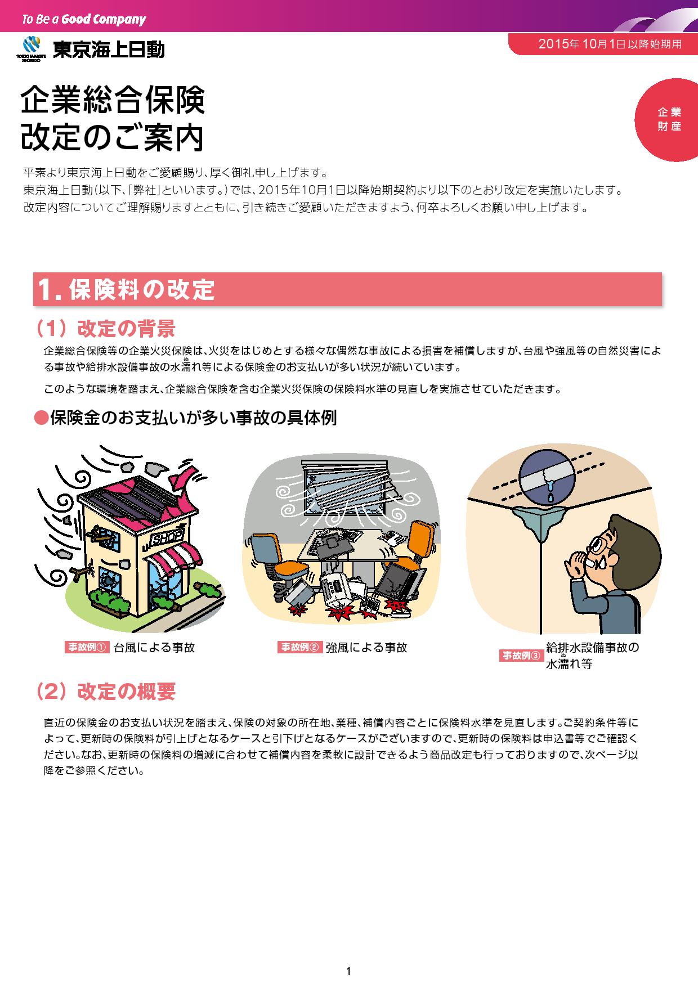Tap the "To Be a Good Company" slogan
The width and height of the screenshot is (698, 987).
[83, 20]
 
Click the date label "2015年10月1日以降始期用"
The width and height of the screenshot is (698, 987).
[610, 44]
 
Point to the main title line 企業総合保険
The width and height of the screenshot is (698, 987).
[113, 101]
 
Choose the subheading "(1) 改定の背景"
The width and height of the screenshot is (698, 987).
[105, 329]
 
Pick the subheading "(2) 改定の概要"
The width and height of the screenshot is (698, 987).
[105, 692]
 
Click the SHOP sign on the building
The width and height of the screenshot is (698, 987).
[167, 537]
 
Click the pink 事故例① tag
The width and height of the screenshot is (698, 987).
[86, 647]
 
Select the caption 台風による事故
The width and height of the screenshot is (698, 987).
[154, 647]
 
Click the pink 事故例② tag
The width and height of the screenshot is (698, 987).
[299, 647]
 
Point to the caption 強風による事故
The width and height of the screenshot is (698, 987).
[366, 647]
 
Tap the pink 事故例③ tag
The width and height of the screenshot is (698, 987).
[521, 656]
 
